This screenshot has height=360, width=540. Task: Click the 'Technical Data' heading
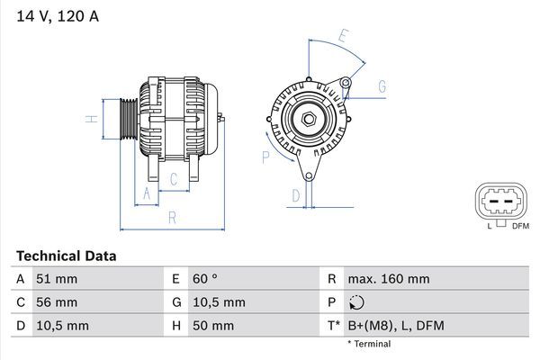67,256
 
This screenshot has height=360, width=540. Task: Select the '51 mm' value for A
56,279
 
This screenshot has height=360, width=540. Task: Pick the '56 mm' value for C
56,302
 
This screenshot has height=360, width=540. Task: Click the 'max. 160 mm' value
390,279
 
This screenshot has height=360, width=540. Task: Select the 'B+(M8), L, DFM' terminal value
396,326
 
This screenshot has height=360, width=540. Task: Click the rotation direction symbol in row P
357,303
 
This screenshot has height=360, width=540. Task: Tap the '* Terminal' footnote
369,344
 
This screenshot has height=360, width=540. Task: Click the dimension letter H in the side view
91,119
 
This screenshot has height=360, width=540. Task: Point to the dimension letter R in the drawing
170,216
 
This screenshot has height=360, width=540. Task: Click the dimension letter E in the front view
343,37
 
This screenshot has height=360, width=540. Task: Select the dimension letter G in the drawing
382,86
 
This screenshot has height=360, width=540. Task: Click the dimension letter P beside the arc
265,157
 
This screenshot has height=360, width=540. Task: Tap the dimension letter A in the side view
147,193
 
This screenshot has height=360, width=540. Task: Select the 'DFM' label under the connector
520,226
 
